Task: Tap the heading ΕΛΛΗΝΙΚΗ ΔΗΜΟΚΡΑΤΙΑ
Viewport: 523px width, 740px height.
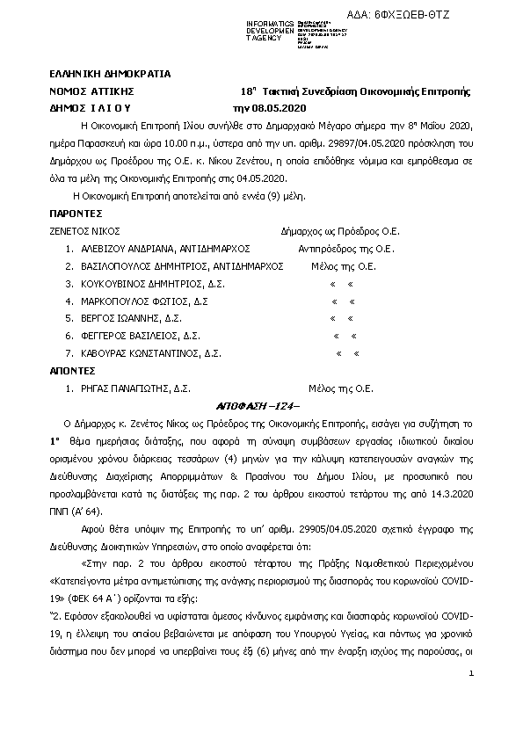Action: click(x=110, y=74)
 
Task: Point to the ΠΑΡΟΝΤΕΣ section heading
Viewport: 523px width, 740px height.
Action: click(x=76, y=214)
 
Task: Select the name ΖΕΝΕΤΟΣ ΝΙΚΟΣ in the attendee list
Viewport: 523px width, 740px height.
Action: click(x=84, y=232)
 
